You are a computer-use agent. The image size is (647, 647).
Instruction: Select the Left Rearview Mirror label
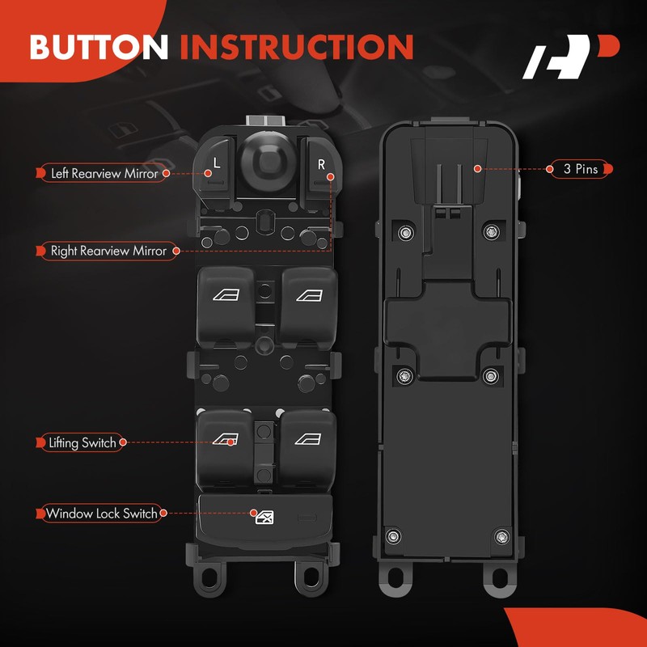point(104,173)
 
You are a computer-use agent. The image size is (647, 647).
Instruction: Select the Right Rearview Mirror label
point(108,251)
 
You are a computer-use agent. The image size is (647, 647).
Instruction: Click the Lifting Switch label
point(82,442)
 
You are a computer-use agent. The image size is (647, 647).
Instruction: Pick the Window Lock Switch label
point(102,514)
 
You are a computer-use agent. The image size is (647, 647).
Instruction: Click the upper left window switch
point(225,297)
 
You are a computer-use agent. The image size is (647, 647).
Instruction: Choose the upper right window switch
point(308,297)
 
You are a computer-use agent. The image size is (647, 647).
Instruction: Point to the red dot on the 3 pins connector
point(478,169)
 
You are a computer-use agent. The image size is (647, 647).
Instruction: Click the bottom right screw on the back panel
point(501,535)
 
